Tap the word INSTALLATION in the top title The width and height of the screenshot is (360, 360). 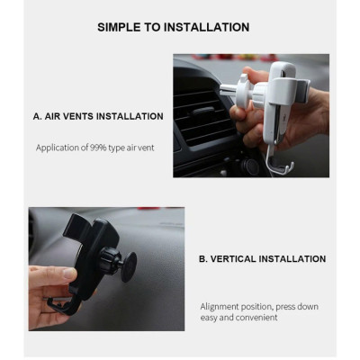(x=207, y=27)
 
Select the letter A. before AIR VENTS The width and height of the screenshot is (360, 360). (x=38, y=116)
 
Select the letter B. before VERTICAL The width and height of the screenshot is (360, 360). (x=203, y=259)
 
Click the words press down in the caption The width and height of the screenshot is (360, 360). (x=297, y=307)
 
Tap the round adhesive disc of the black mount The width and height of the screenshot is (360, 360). (x=130, y=267)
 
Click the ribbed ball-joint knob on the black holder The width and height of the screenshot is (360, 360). (x=109, y=260)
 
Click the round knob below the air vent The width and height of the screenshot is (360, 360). (x=249, y=166)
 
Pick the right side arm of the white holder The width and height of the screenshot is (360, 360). (x=303, y=90)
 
